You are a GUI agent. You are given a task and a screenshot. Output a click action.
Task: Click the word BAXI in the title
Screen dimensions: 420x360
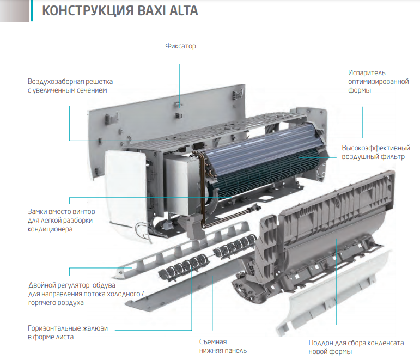pos(150,11)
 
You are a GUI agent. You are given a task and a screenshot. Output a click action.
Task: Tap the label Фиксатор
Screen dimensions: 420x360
pos(180,46)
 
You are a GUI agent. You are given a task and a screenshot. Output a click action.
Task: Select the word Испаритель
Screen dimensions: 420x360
pos(367,73)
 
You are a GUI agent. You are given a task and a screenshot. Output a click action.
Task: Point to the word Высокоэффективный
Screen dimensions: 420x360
pos(376,148)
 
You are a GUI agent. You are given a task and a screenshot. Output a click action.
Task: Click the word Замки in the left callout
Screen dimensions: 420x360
pos(37,212)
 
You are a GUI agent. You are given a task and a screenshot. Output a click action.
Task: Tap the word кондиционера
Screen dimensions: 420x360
pos(50,229)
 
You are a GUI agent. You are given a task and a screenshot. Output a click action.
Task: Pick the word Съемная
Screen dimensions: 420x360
pos(213,342)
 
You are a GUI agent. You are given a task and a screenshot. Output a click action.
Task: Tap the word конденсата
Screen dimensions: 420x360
pos(385,343)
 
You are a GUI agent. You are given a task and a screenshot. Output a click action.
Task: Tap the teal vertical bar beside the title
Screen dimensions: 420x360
pos(32,10)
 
